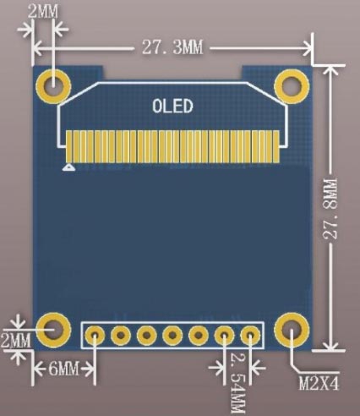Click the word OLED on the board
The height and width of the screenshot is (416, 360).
(173, 107)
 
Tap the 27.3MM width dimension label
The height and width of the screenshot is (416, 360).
(172, 47)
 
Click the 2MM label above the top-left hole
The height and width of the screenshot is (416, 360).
(43, 13)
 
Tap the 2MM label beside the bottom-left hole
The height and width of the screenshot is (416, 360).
(15, 341)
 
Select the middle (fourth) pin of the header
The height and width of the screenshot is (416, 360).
(173, 336)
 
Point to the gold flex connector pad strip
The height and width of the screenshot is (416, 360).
(172, 144)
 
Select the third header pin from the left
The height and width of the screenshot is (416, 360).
(148, 336)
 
